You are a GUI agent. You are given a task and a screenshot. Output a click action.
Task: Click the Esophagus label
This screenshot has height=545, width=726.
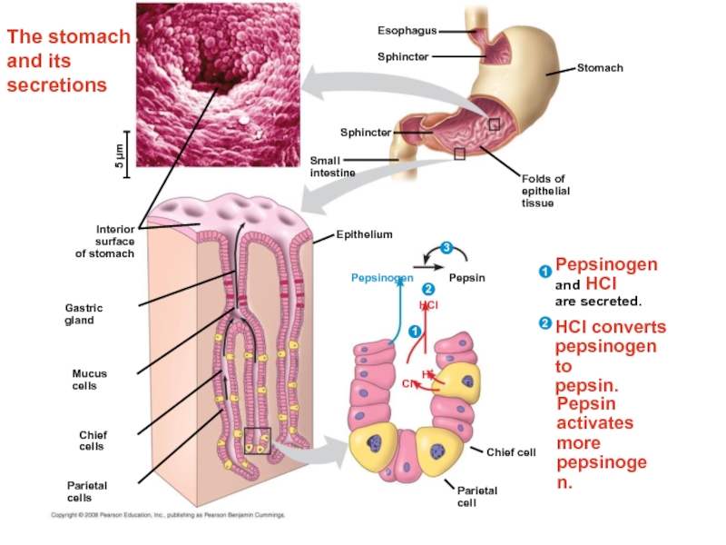(x=407, y=31)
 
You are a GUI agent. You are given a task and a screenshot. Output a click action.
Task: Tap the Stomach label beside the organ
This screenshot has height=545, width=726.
(x=600, y=68)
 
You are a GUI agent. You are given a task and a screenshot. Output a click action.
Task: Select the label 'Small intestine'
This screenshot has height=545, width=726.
(x=332, y=166)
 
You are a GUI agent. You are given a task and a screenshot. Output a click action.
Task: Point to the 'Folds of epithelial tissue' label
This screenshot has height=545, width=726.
(x=544, y=191)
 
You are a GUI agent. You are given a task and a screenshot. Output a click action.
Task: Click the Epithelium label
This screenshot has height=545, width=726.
(x=364, y=234)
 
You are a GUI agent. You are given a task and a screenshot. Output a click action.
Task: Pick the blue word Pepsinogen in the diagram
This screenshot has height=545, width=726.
(x=382, y=278)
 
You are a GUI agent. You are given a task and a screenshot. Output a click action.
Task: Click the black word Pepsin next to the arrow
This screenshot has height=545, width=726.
(x=467, y=278)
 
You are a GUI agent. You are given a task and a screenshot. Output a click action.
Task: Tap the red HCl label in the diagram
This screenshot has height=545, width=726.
(x=428, y=306)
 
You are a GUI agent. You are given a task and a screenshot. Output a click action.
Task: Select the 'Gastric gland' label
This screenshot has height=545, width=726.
(x=80, y=314)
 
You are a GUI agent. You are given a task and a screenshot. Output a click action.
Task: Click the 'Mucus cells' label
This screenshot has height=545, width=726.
(x=89, y=380)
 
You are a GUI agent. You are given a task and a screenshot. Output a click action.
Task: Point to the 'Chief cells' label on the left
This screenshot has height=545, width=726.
(x=92, y=441)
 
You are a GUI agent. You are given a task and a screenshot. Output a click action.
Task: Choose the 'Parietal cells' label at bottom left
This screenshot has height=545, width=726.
(x=86, y=491)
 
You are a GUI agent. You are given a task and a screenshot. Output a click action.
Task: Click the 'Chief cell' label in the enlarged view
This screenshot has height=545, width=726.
(x=511, y=451)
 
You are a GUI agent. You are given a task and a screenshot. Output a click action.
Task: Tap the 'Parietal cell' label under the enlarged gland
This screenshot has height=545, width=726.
(x=476, y=496)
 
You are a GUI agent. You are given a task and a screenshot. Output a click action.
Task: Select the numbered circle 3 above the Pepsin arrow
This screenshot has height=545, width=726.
(x=446, y=248)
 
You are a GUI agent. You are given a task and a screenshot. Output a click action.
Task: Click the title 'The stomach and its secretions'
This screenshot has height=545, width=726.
(x=68, y=61)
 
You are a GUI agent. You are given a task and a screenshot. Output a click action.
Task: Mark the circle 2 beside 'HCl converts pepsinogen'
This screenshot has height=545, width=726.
(x=544, y=323)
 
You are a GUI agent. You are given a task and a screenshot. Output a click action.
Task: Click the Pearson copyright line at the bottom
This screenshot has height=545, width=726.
(x=168, y=515)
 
